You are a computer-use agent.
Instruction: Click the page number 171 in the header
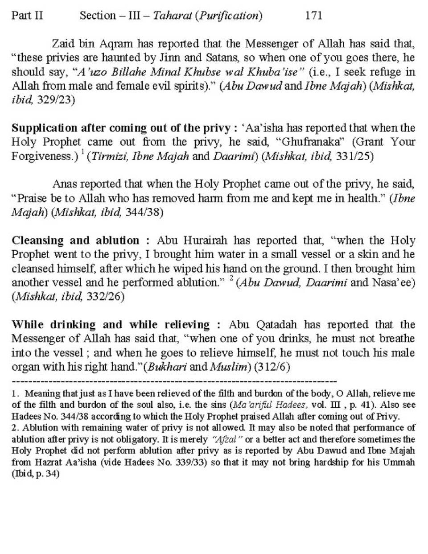click(314, 16)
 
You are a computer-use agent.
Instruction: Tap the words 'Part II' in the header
click(28, 16)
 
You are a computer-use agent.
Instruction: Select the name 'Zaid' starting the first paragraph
click(63, 44)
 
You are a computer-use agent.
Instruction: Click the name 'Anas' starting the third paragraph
click(64, 184)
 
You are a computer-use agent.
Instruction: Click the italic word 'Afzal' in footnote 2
click(229, 439)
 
